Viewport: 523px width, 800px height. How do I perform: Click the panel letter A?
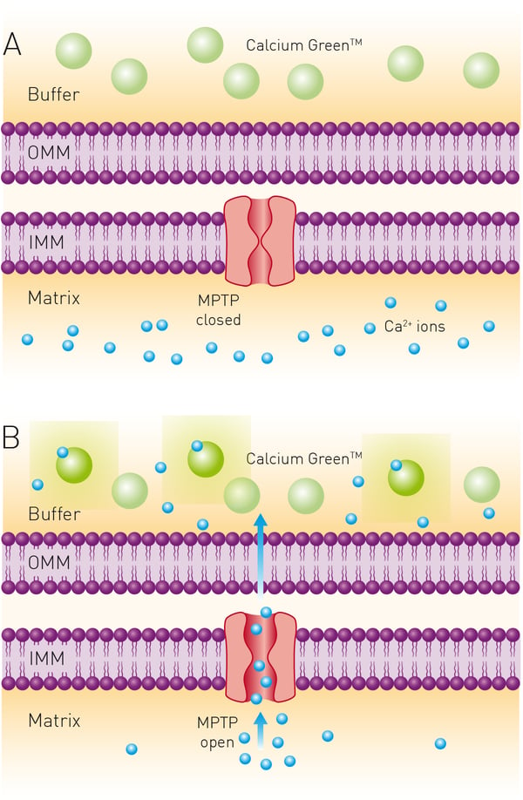[x=12, y=44]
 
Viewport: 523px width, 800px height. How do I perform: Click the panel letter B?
[x=11, y=436]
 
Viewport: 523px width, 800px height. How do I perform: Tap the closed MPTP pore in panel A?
[x=260, y=241]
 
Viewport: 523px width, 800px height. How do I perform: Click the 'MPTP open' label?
[x=218, y=731]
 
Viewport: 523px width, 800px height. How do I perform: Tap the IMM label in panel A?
[x=44, y=240]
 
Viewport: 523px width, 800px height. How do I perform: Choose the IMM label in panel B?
[x=44, y=656]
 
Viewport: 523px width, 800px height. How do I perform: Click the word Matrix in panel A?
[x=54, y=298]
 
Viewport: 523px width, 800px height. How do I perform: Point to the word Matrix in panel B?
[x=54, y=721]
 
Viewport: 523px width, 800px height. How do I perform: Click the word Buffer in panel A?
[x=54, y=93]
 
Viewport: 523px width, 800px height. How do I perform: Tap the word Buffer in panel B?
[x=54, y=513]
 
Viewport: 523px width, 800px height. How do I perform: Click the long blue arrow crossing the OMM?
[x=259, y=553]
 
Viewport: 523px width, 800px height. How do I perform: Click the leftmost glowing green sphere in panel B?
[x=74, y=465]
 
